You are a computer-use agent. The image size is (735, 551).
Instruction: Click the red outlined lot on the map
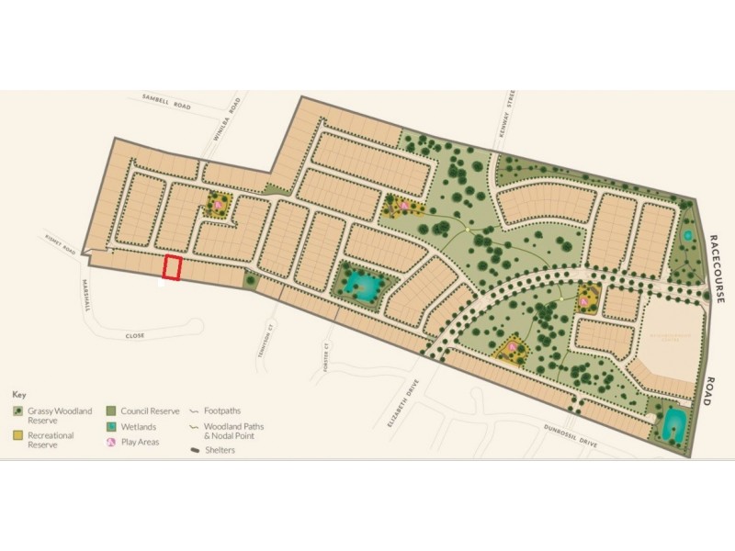coord(172,268)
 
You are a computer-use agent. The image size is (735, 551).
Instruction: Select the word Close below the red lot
coord(136,336)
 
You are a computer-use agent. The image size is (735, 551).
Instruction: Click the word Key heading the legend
coord(18,394)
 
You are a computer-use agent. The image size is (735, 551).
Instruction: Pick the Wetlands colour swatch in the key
coord(112,427)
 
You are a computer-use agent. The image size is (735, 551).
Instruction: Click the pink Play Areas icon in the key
coord(112,443)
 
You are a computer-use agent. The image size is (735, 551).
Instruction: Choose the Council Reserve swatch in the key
coord(112,411)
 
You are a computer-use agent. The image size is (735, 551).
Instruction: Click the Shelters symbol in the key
coord(196,450)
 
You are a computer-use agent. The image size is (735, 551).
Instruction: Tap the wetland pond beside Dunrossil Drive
coord(673,422)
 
